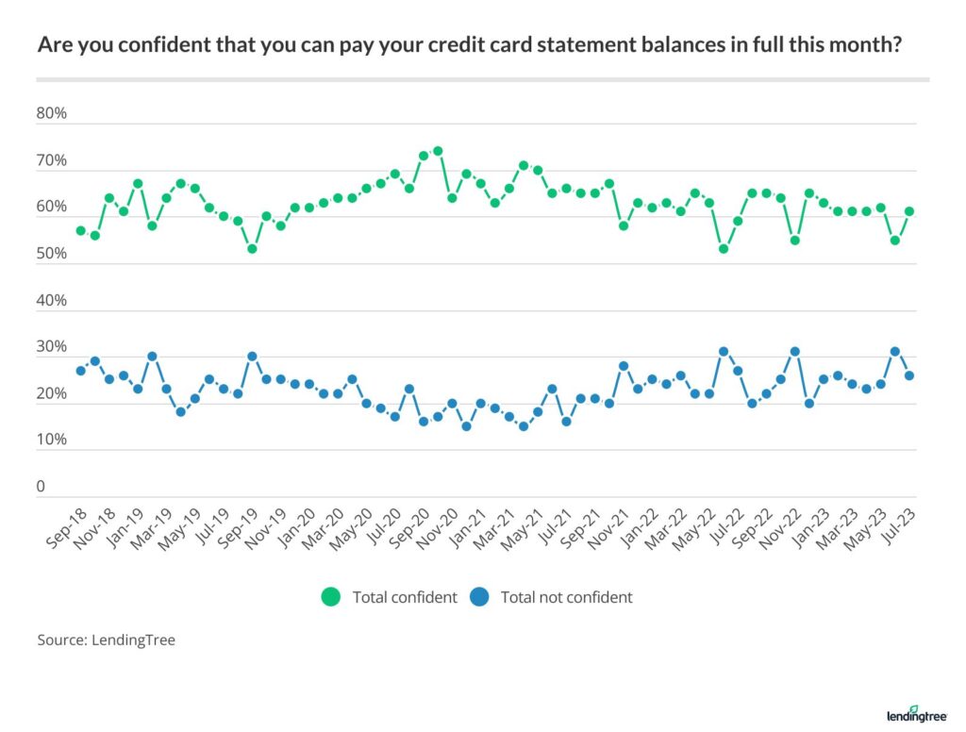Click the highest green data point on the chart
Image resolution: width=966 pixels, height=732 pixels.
coord(438,151)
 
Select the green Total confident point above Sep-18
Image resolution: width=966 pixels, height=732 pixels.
coord(81,230)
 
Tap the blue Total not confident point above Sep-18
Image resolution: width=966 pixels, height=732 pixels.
coord(81,371)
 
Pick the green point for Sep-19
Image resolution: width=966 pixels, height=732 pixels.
coord(252,249)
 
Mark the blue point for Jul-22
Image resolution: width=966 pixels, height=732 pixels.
coord(738,371)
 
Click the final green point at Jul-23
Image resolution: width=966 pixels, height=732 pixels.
coord(909,212)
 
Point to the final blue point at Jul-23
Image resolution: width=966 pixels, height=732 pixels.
coord(909,375)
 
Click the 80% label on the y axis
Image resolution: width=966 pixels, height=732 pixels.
coord(52,114)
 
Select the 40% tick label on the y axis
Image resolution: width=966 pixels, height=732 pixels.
coord(52,301)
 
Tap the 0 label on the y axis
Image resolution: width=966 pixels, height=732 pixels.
coord(42,488)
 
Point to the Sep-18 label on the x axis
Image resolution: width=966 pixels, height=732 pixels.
coord(64,528)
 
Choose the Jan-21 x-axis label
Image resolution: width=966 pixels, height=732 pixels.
coord(464,528)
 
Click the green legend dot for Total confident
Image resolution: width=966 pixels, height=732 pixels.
coord(331,597)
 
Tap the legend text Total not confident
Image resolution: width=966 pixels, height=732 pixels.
coord(566,597)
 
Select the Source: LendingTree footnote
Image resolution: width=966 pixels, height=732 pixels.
coord(107,640)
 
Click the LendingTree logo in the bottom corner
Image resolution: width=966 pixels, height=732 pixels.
coord(916,712)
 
